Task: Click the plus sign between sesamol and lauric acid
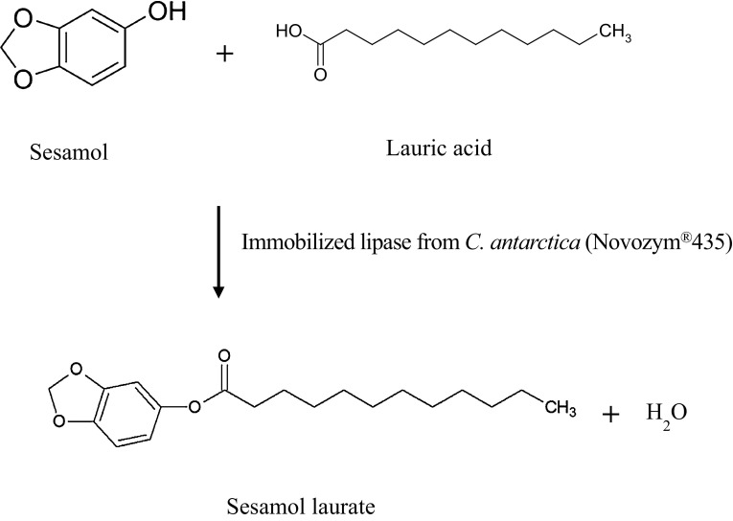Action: tap(224, 54)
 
